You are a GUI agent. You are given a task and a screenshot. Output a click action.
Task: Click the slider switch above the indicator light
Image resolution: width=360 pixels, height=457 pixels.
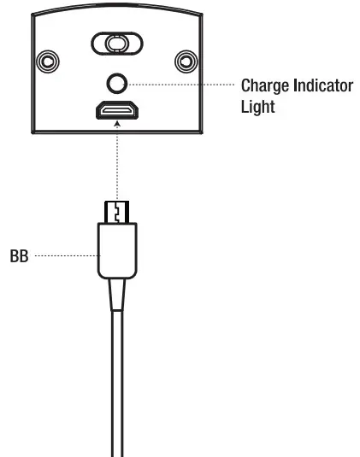117,43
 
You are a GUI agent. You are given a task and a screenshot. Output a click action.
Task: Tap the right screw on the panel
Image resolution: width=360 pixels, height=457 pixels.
184,62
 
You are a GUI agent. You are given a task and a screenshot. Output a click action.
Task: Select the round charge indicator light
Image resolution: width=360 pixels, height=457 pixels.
117,83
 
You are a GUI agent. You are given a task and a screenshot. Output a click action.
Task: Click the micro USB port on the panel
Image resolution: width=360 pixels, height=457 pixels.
117,111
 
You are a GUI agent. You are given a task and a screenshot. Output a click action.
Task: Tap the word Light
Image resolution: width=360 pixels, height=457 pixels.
257,108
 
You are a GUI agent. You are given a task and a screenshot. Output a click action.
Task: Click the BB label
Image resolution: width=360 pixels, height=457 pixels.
19,255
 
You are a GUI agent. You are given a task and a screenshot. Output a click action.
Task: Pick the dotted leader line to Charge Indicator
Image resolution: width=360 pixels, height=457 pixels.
180,84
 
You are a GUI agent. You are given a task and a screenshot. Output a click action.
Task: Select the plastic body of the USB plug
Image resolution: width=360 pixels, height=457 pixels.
117,249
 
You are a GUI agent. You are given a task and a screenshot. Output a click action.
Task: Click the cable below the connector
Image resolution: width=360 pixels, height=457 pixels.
117,384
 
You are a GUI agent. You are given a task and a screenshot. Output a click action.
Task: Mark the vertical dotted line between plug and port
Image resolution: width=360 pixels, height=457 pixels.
117,167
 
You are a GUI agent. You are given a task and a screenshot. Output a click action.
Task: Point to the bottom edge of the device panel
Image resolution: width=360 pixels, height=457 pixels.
117,132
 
